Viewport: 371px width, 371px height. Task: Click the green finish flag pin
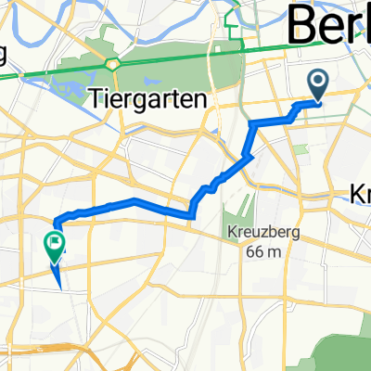point(53,245)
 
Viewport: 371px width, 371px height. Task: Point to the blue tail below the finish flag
point(58,275)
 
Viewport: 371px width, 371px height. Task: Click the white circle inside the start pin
point(318,83)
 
